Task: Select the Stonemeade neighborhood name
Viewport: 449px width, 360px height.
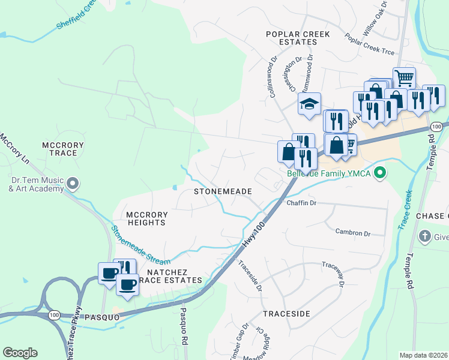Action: click(222, 191)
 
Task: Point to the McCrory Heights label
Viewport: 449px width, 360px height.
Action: click(146, 218)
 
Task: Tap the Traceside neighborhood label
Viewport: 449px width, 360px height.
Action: click(286, 314)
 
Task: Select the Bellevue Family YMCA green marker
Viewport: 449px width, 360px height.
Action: click(379, 174)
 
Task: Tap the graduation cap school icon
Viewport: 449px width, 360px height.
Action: click(309, 104)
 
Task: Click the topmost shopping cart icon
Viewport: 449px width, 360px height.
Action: click(404, 77)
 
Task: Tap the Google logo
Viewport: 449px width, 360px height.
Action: click(20, 353)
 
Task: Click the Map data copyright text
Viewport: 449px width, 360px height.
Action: click(423, 355)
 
